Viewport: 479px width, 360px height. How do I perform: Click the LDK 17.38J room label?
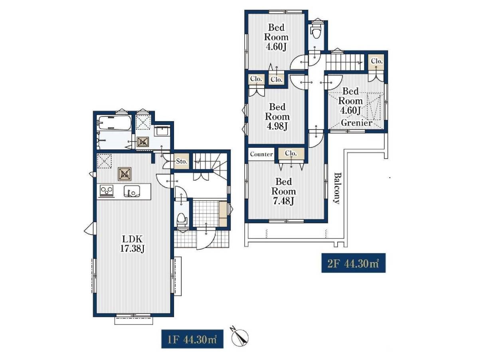pos(132,244)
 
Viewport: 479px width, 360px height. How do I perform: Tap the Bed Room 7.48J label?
pos(283,191)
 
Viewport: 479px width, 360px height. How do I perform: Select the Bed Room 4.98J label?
pos(277,117)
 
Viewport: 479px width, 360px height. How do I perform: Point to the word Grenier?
pos(356,123)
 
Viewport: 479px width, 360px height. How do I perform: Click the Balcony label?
pos(337,188)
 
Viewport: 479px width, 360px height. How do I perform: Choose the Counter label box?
pos(261,154)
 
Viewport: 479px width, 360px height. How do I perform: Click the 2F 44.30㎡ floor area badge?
pos(353,263)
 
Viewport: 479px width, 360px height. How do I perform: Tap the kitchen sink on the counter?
pos(132,191)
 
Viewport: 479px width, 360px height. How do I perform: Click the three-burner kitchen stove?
pos(107,191)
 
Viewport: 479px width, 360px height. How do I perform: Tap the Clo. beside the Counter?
pos(291,154)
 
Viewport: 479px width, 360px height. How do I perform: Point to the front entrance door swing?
pos(206,238)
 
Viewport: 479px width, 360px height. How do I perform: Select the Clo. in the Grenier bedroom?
pos(377,62)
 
